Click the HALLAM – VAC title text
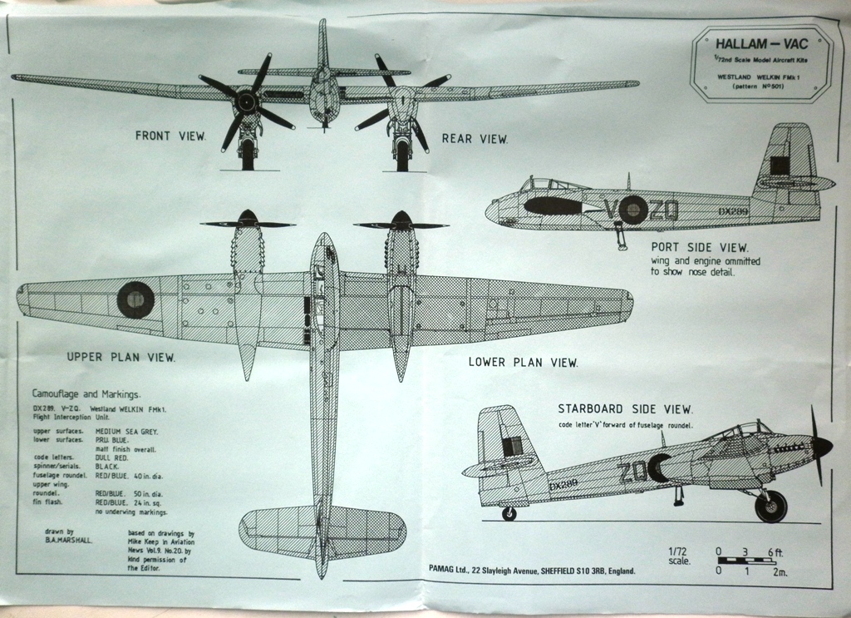point(760,44)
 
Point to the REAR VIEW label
point(474,139)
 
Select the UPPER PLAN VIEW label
point(121,358)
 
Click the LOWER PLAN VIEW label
point(523,362)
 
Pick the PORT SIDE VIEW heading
point(699,247)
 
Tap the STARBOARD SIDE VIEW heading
point(625,408)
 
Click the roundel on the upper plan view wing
point(135,299)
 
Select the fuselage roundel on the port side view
point(632,209)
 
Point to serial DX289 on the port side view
point(734,212)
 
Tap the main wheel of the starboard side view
point(770,507)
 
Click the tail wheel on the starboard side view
point(509,513)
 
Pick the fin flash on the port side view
point(780,165)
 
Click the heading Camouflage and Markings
point(86,393)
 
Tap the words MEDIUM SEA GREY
point(127,432)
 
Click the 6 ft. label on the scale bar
point(775,551)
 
